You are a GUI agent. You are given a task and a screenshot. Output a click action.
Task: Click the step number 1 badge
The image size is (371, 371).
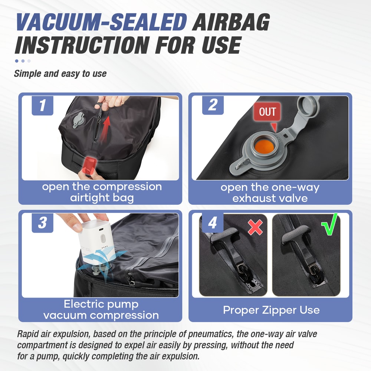pos(42,105)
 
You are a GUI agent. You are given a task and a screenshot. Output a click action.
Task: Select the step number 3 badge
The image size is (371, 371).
pos(42,223)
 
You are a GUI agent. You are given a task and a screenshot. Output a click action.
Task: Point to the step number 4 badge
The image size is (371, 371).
pos(212,223)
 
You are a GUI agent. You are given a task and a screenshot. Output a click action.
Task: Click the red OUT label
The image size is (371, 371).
pos(267,112)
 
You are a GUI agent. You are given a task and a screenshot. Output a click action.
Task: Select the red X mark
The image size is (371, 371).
pos(255,227)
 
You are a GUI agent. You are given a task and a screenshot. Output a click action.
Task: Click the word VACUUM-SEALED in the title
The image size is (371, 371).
pos(101,23)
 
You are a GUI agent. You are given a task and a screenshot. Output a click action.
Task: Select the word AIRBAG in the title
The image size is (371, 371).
pos(230,23)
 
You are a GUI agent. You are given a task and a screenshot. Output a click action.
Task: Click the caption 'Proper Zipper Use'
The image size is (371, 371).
pos(271,310)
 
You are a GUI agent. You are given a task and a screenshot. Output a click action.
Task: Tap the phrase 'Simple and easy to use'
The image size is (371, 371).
pos(60,73)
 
